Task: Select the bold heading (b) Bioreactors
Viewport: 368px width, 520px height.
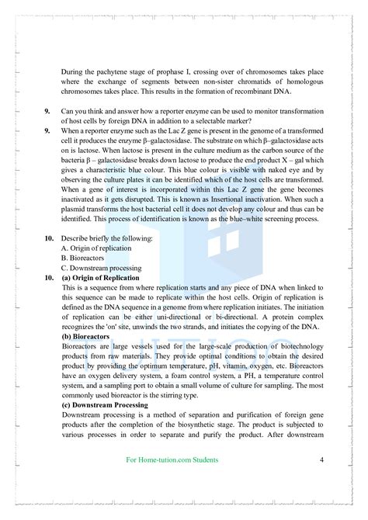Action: point(87,338)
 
